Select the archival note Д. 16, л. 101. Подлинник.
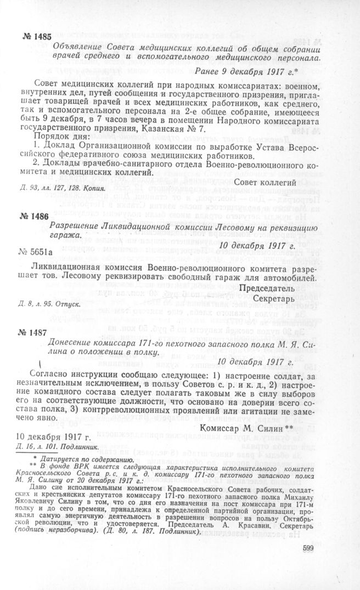(x=50, y=445)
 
